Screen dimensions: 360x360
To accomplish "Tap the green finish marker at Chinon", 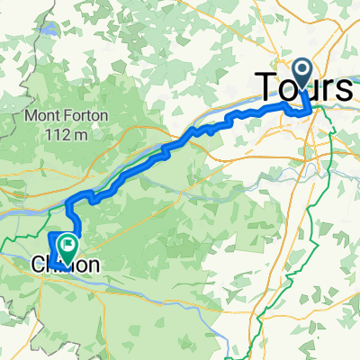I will (67, 245).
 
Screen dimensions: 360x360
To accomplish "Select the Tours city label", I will (306, 88).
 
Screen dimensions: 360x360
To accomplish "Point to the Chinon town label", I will (65, 265).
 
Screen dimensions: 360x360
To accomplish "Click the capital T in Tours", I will (269, 88).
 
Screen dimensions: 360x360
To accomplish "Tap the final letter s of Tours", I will (344, 89).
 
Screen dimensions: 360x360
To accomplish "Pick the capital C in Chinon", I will (39, 265).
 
